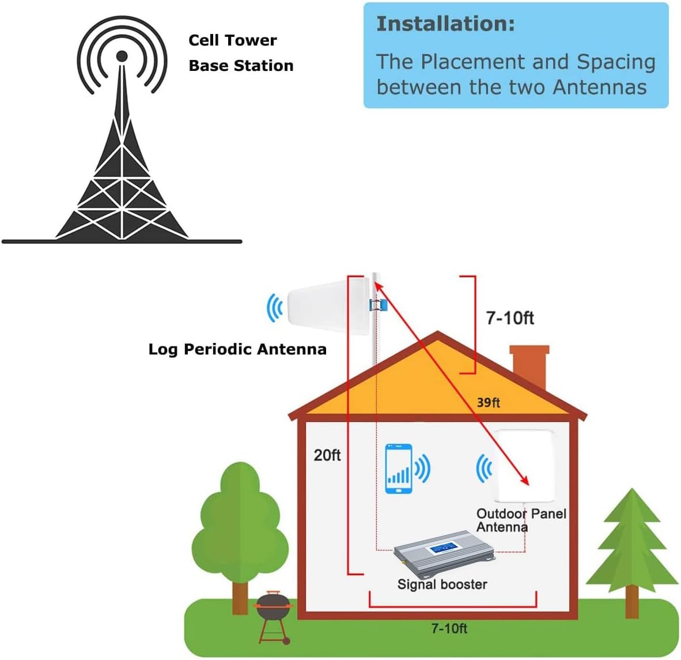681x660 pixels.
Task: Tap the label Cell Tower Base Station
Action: click(x=240, y=53)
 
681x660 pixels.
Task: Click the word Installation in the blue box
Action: click(x=445, y=24)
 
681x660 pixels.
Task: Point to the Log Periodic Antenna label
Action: click(x=237, y=349)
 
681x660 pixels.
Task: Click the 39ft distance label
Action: click(x=488, y=402)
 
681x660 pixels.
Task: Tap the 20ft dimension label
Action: click(x=327, y=455)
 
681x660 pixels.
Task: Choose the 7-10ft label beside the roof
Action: click(x=510, y=318)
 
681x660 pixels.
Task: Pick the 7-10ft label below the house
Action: click(x=449, y=628)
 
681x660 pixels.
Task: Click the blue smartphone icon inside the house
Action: click(x=399, y=469)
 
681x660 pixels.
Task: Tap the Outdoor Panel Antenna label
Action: click(x=520, y=520)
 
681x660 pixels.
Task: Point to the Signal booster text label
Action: click(x=442, y=584)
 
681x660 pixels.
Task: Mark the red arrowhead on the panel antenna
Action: click(x=524, y=482)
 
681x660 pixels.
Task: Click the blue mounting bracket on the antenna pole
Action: click(x=377, y=305)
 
